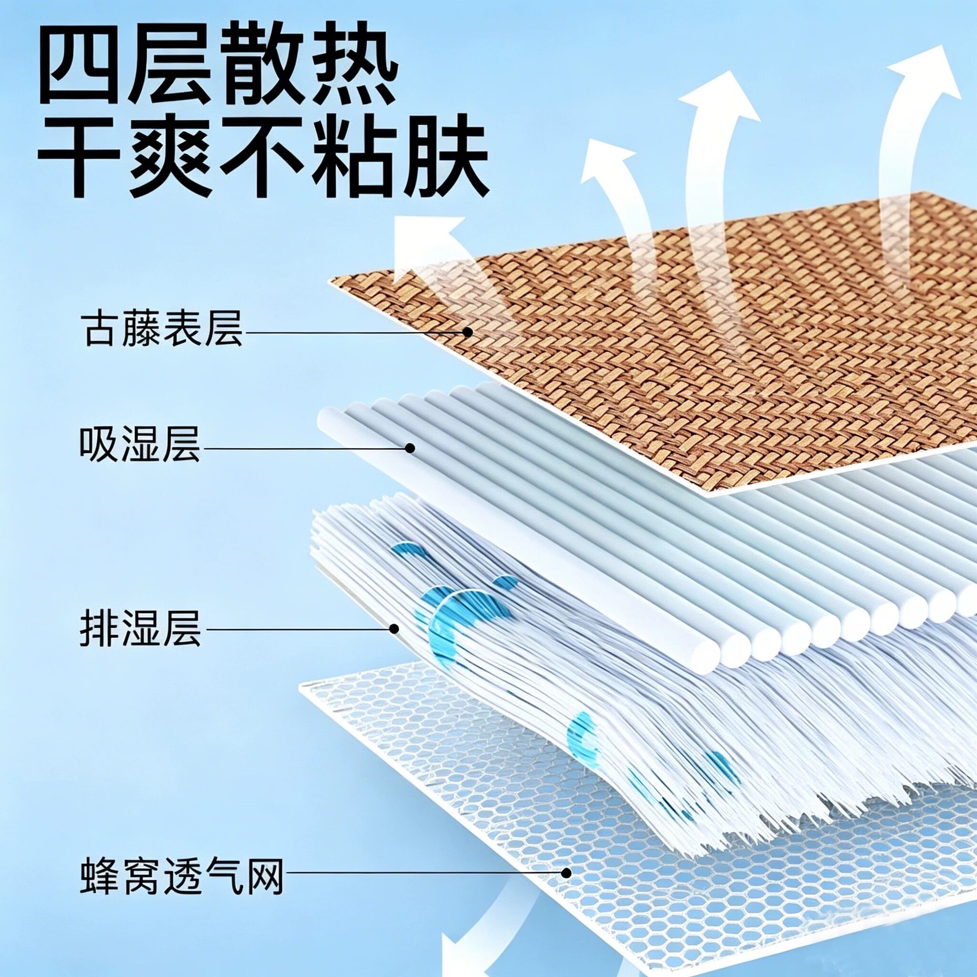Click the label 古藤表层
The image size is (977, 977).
click(162, 329)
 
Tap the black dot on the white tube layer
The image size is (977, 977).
click(410, 447)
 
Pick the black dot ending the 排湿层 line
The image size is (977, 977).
click(394, 629)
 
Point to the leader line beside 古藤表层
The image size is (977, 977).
click(354, 332)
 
